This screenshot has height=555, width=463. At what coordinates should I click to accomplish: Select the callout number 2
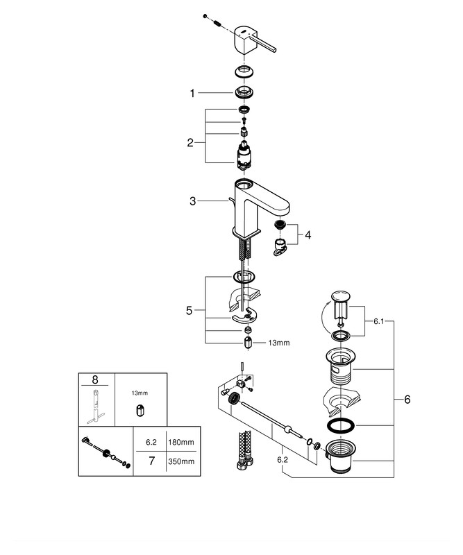[190, 143]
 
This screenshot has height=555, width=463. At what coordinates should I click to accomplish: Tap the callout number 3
[194, 201]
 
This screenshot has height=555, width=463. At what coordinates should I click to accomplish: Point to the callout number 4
[308, 234]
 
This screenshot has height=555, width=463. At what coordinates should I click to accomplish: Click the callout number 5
[189, 311]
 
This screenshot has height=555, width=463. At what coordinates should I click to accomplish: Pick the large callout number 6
[407, 400]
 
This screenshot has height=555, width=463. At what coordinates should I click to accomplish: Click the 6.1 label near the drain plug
[378, 321]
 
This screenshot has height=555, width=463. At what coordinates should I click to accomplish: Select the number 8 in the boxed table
[96, 379]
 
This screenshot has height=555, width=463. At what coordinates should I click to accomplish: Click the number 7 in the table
[147, 461]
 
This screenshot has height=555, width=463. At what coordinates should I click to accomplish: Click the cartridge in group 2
[244, 153]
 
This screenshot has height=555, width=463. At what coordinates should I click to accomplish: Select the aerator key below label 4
[280, 247]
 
